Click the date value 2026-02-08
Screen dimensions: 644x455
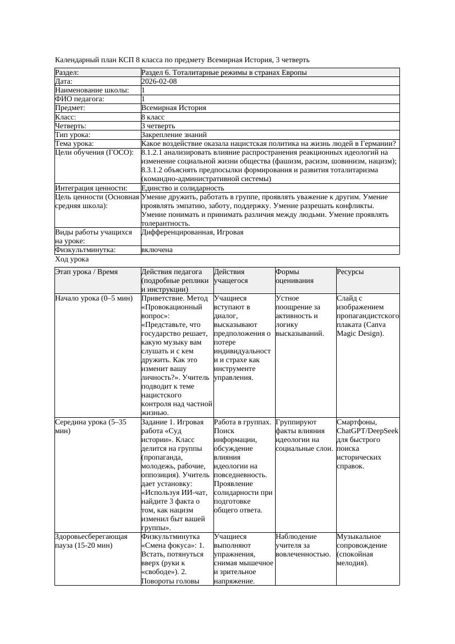pyautogui.click(x=159, y=81)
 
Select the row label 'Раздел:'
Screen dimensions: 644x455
pyautogui.click(x=67, y=73)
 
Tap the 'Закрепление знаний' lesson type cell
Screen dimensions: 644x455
pyautogui.click(x=174, y=134)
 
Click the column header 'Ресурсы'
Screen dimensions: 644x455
pyautogui.click(x=350, y=272)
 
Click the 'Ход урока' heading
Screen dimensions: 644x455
pyautogui.click(x=72, y=259)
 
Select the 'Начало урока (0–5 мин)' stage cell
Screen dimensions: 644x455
pyautogui.click(x=94, y=298)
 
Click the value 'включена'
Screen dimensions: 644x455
pyautogui.click(x=157, y=250)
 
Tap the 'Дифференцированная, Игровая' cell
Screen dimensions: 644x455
pyautogui.click(x=192, y=232)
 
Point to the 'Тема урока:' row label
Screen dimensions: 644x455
pyautogui.click(x=74, y=144)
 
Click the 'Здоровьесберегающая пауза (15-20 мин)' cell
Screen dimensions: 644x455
pyautogui.click(x=91, y=541)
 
